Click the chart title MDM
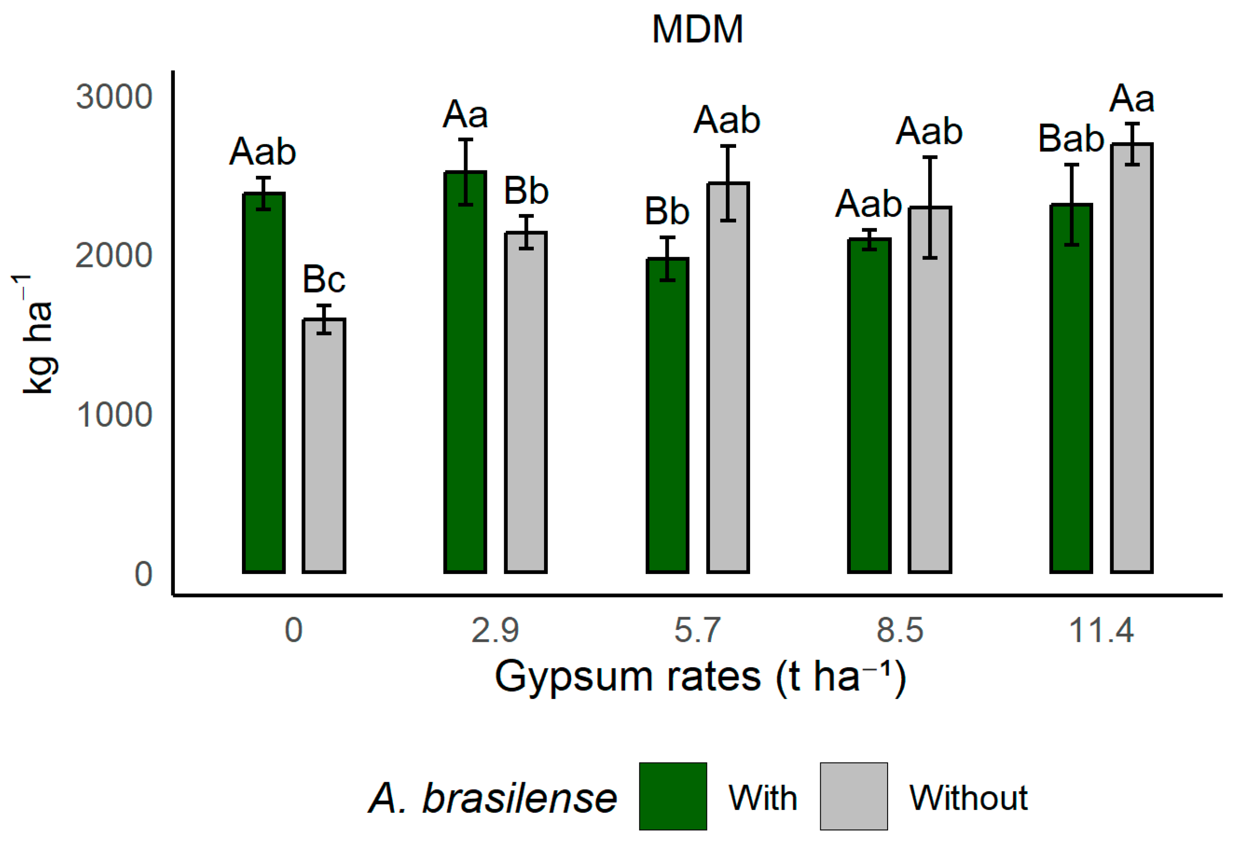coord(697,30)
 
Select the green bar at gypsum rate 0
coord(264,382)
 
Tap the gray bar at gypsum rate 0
coord(324,446)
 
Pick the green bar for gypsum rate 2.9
coord(465,371)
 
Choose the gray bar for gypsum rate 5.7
coord(728,377)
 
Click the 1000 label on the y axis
coord(114,414)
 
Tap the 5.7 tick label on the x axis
coord(697,630)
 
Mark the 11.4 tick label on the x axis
coord(1101,630)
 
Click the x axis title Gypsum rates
coord(700,677)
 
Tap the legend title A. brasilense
coord(492,798)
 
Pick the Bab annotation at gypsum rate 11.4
coord(1071,139)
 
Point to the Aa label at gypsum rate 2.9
coord(465,115)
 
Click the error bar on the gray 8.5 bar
coord(929,207)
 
